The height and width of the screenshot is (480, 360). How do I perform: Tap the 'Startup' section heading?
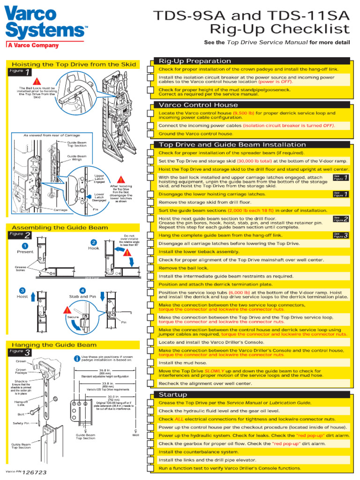click(x=173, y=395)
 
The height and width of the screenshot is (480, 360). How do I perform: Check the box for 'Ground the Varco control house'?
click(x=150, y=134)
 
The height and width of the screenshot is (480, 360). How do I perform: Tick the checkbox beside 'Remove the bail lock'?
click(x=150, y=268)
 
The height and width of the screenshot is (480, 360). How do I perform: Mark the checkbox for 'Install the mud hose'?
click(x=150, y=363)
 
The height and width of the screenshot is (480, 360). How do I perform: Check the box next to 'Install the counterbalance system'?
click(x=150, y=452)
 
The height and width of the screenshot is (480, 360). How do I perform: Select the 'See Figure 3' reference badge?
click(x=340, y=235)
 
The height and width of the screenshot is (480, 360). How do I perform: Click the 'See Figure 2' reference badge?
click(x=340, y=218)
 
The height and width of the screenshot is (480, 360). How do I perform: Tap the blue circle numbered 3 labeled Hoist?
click(x=22, y=291)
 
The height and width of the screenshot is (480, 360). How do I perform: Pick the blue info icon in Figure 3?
click(x=77, y=359)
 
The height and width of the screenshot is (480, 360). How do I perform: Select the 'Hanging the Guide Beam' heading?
click(x=54, y=345)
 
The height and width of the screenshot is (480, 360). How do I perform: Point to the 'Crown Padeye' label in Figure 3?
click(x=21, y=372)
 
